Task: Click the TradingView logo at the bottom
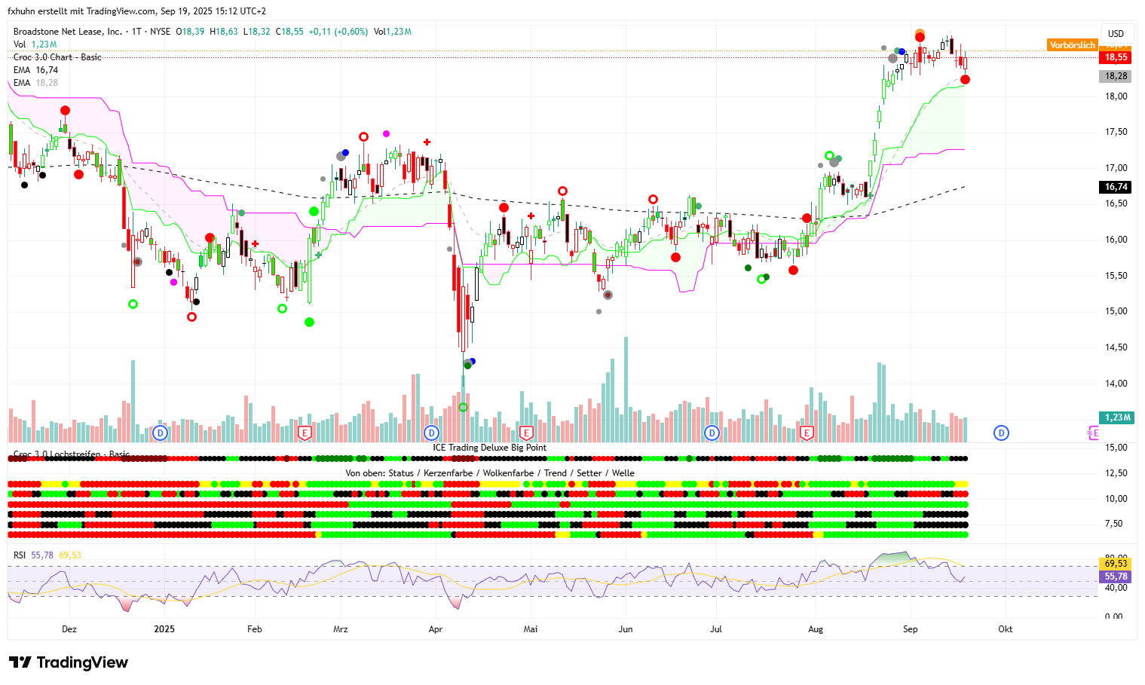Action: pyautogui.click(x=69, y=662)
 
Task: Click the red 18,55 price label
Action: pyautogui.click(x=1116, y=57)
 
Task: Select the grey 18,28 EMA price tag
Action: pyautogui.click(x=1116, y=76)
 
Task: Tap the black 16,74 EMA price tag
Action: pyautogui.click(x=1116, y=187)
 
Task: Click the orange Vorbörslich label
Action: pyautogui.click(x=1072, y=45)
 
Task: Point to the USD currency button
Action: pyautogui.click(x=1116, y=33)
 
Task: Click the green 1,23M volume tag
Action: pyautogui.click(x=1116, y=417)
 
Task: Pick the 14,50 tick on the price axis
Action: pyautogui.click(x=1116, y=347)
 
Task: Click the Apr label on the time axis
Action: pyautogui.click(x=435, y=628)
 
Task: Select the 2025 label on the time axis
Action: pyautogui.click(x=164, y=628)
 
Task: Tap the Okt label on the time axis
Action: pyautogui.click(x=1005, y=628)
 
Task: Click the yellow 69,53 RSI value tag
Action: pyautogui.click(x=1116, y=564)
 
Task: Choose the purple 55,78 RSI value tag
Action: pyautogui.click(x=1116, y=576)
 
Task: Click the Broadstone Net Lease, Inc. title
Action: pyautogui.click(x=68, y=32)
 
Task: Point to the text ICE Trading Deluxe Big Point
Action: pyautogui.click(x=489, y=448)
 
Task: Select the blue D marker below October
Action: pyautogui.click(x=1001, y=433)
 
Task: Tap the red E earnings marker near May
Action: pyautogui.click(x=526, y=433)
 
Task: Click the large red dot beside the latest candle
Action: pyautogui.click(x=965, y=80)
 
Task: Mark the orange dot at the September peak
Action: pyautogui.click(x=920, y=33)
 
